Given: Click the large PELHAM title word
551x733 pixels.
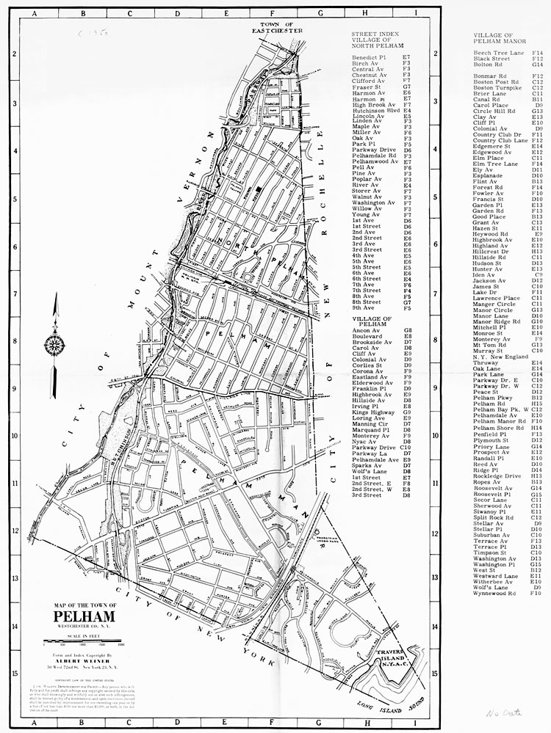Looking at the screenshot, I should click(x=85, y=616).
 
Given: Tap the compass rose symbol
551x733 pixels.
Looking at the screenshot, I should click(x=53, y=343).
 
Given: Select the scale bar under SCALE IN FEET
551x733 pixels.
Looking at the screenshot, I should click(x=86, y=643).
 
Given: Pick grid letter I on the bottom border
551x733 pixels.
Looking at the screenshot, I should click(x=416, y=723).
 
